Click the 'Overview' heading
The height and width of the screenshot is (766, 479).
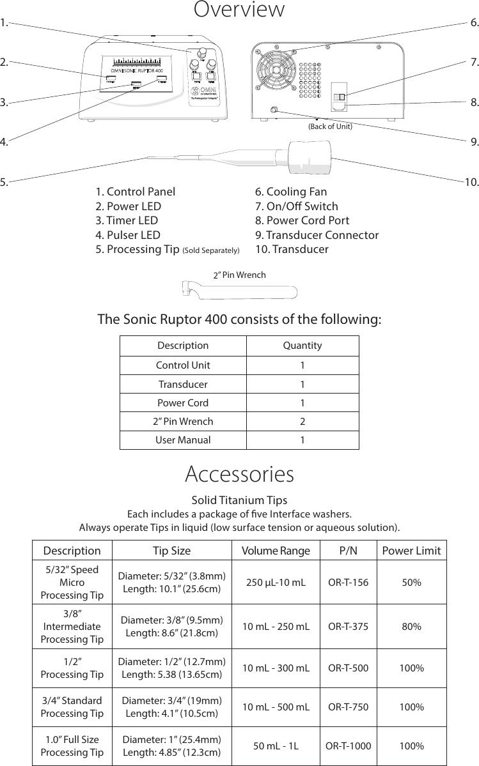coord(239,10)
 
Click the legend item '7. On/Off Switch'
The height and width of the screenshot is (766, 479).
coord(297,206)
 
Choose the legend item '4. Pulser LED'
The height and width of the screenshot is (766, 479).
coord(128,235)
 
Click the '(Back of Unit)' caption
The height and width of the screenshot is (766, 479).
coord(330,126)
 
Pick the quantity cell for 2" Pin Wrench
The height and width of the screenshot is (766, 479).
coord(302,422)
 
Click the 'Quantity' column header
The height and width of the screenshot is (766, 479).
coord(302,346)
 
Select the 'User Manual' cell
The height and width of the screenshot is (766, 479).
coord(183,440)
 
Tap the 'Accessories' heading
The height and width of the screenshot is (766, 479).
coord(239,475)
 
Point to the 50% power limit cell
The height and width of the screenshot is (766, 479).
coord(411,583)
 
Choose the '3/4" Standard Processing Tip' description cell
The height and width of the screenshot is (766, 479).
coord(72,707)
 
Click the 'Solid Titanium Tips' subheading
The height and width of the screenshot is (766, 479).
coord(239,500)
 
